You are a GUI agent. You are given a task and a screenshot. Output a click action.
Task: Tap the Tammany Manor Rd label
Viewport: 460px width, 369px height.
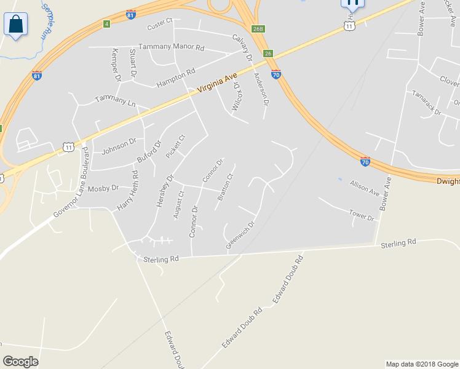[x=171, y=47]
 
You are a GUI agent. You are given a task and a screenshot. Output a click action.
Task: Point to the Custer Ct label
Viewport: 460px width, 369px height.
[x=160, y=27]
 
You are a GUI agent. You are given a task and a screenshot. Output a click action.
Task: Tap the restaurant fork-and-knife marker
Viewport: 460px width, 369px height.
[x=352, y=4]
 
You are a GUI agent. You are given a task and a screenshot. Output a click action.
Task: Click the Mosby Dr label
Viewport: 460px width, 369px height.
[x=102, y=189]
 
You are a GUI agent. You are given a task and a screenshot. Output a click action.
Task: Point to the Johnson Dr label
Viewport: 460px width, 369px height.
[x=118, y=145]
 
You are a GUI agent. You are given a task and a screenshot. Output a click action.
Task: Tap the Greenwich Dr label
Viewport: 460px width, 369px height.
[x=240, y=235]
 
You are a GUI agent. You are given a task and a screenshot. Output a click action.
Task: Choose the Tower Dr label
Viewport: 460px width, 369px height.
[x=361, y=216]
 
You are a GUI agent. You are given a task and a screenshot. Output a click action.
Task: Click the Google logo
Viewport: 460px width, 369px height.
[x=20, y=361]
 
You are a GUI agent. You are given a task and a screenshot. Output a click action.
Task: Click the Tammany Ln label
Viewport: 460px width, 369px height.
[x=115, y=101]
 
